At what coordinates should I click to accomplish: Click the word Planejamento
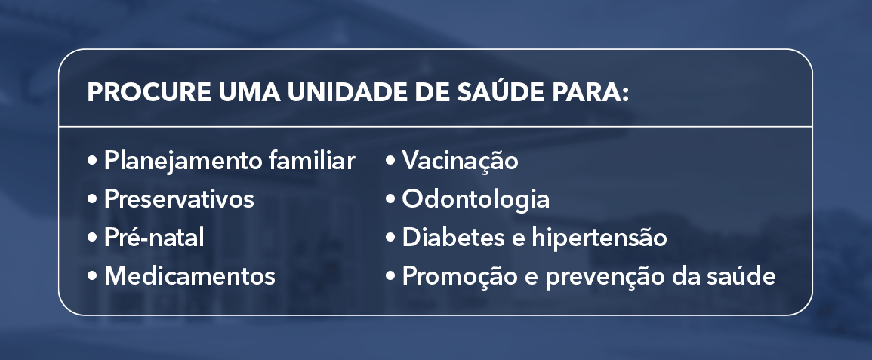click(185, 162)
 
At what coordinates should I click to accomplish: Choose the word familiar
click(313, 161)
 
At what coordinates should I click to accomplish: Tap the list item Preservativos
click(179, 200)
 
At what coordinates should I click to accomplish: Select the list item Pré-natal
click(154, 238)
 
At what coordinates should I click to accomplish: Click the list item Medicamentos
click(189, 276)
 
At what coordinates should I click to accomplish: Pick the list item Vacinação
click(460, 162)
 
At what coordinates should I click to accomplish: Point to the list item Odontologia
click(476, 200)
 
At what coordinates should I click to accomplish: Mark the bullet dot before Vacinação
click(391, 162)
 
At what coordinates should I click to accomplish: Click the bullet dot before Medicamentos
click(93, 276)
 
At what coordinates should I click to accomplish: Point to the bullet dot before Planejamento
click(93, 162)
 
